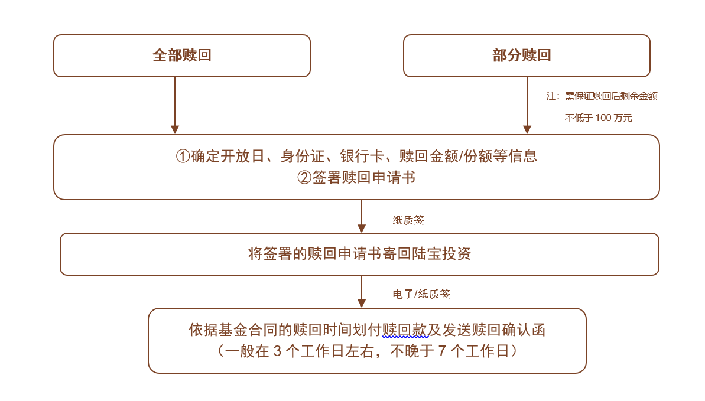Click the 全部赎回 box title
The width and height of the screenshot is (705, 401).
182,56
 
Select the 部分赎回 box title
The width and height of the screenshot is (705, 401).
522,56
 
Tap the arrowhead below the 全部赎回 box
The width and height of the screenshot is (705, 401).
175,129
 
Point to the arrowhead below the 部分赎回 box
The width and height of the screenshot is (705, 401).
527,129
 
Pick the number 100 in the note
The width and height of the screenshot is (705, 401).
603,118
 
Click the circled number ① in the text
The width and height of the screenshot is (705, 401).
183,156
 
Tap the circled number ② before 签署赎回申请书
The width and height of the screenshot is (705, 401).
304,178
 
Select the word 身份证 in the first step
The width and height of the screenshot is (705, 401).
302,156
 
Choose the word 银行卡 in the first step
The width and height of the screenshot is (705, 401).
362,156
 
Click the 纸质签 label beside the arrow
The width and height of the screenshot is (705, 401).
408,220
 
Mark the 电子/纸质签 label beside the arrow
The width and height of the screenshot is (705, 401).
421,294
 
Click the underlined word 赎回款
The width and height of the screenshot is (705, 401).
404,330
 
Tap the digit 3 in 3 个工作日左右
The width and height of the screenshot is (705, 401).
277,351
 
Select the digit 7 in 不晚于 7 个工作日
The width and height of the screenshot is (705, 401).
442,351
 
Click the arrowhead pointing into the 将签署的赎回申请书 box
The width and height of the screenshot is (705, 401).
362,229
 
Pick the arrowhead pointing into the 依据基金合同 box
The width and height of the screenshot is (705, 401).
362,304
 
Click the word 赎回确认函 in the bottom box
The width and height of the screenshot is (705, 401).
509,330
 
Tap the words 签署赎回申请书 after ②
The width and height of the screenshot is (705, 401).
364,178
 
